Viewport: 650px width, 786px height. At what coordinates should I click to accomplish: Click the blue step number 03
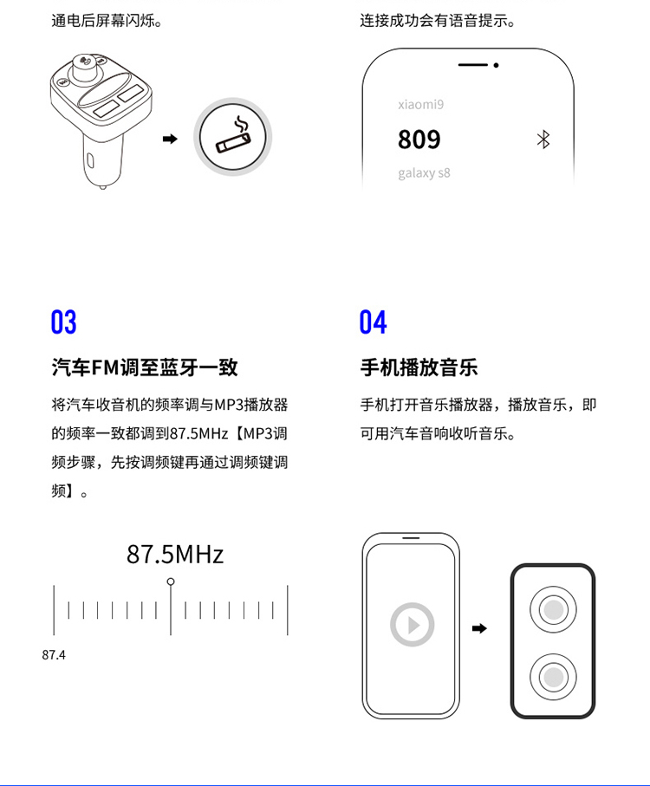pyautogui.click(x=63, y=322)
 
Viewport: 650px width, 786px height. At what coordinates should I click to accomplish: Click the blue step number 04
pyautogui.click(x=373, y=322)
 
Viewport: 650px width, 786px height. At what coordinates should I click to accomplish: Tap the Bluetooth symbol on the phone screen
pyautogui.click(x=543, y=140)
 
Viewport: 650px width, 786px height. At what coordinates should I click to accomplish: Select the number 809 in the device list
pyautogui.click(x=419, y=140)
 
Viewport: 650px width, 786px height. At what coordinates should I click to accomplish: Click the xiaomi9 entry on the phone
pyautogui.click(x=421, y=104)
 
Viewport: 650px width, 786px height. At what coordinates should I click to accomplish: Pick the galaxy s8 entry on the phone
pyautogui.click(x=424, y=173)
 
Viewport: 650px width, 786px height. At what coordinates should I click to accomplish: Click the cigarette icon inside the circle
pyautogui.click(x=233, y=136)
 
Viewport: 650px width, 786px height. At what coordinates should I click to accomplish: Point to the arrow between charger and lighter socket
pyautogui.click(x=170, y=139)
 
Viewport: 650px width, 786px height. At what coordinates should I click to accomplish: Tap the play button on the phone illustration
pyautogui.click(x=412, y=625)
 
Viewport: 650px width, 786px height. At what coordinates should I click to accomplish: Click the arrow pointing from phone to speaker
pyautogui.click(x=479, y=628)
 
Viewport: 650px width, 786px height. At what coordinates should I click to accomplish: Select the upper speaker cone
pyautogui.click(x=553, y=609)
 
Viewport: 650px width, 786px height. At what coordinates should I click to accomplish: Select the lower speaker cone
pyautogui.click(x=553, y=677)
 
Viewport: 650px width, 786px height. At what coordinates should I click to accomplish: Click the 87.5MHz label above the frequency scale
pyautogui.click(x=175, y=555)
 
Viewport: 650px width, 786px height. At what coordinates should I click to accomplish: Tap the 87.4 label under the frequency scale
pyautogui.click(x=54, y=654)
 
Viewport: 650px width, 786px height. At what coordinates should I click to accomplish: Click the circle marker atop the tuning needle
pyautogui.click(x=171, y=581)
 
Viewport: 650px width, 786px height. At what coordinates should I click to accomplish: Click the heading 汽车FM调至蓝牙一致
pyautogui.click(x=145, y=367)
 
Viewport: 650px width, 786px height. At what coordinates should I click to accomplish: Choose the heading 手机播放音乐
pyautogui.click(x=419, y=367)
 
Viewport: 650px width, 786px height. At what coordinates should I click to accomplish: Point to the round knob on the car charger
pyautogui.click(x=86, y=68)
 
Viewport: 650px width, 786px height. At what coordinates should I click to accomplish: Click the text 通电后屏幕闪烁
pyautogui.click(x=107, y=21)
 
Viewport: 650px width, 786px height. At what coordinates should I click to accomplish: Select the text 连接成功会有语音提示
pyautogui.click(x=438, y=21)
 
